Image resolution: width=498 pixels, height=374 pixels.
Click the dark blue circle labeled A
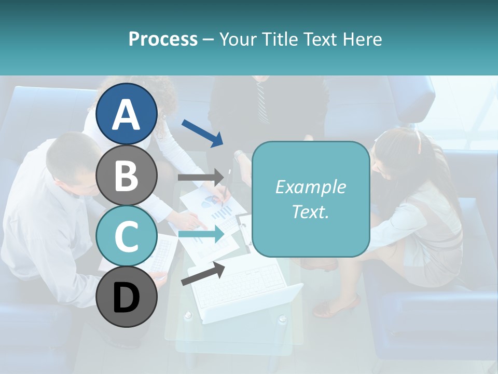pyautogui.click(x=127, y=114)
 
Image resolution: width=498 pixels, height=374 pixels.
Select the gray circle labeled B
pyautogui.click(x=127, y=175)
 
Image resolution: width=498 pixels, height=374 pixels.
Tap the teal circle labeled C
pyautogui.click(x=127, y=236)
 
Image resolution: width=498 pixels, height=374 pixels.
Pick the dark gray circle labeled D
pyautogui.click(x=127, y=297)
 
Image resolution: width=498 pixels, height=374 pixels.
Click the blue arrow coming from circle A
pyautogui.click(x=202, y=132)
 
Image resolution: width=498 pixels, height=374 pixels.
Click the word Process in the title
pyautogui.click(x=163, y=39)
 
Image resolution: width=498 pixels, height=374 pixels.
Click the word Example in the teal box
pyautogui.click(x=310, y=187)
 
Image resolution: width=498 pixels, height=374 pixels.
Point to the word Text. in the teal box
pyautogui.click(x=310, y=211)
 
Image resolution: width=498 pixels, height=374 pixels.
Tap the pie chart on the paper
pyautogui.click(x=209, y=202)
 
